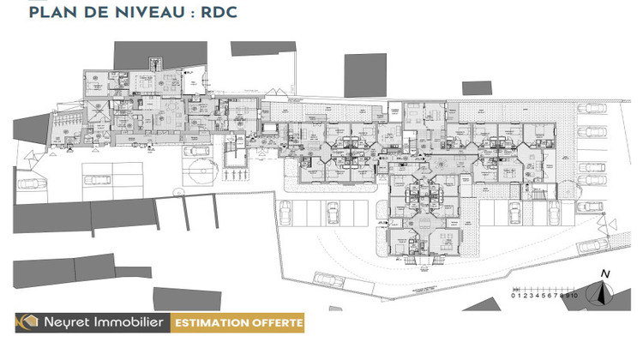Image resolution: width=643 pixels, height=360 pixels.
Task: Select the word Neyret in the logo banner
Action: tap(65, 323)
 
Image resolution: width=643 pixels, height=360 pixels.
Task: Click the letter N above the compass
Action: tap(606, 274)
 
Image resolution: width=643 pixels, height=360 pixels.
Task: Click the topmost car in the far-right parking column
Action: tap(592, 109)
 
